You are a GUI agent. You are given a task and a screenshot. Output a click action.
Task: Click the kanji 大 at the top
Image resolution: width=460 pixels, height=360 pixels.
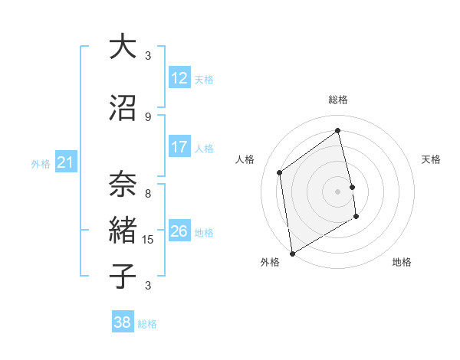[123, 47]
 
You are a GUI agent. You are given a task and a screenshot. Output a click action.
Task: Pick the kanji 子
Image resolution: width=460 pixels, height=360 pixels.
[123, 275]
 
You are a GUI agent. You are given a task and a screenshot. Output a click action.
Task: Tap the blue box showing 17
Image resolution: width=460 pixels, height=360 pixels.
[179, 147]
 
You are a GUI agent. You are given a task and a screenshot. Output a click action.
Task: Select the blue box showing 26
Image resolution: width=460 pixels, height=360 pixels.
[179, 231]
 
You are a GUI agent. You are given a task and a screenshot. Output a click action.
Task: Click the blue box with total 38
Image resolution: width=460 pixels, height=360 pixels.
[123, 322]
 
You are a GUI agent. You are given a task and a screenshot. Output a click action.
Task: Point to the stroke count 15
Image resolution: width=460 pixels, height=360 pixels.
[149, 240]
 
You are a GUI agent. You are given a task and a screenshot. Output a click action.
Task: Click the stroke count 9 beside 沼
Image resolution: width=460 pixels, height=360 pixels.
[148, 116]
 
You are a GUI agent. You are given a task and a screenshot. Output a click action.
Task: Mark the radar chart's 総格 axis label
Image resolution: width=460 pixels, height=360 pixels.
[338, 100]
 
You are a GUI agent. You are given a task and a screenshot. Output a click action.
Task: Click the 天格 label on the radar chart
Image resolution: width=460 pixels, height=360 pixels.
[432, 159]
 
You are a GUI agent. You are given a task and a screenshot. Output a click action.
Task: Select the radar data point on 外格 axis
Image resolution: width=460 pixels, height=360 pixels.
[291, 253]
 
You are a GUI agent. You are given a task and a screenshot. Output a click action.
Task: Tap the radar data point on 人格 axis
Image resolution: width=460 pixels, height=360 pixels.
[280, 172]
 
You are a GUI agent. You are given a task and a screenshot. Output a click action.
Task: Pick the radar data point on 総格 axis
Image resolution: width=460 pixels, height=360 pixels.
[338, 130]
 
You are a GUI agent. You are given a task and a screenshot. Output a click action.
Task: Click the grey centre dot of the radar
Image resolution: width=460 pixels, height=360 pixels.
[338, 191]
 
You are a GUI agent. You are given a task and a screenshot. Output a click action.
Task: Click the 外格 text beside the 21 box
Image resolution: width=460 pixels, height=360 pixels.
[41, 163]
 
